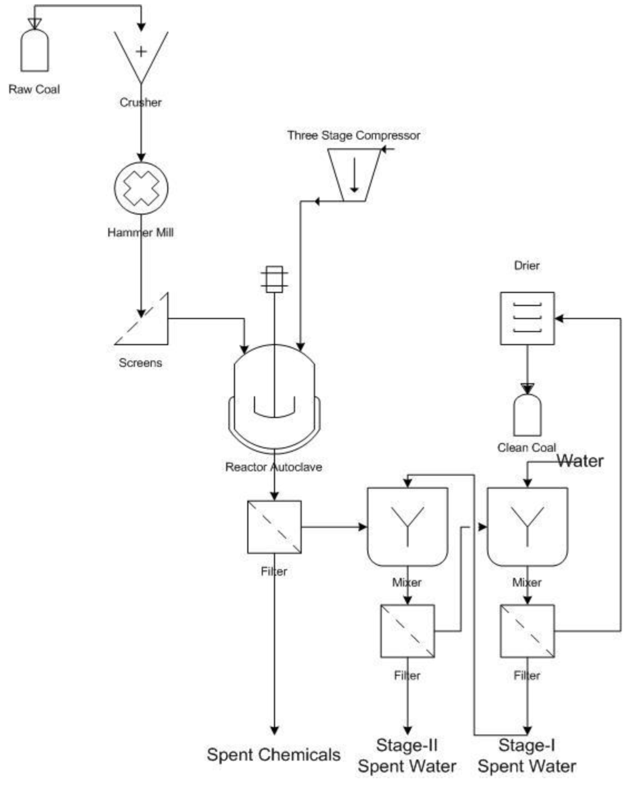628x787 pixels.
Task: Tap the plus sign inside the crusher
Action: [x=141, y=51]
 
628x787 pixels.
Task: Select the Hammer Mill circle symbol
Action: [x=141, y=188]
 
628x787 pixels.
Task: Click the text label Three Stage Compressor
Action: [x=354, y=135]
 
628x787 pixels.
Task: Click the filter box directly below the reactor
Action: [x=274, y=527]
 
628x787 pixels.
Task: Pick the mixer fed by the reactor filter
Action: [x=407, y=526]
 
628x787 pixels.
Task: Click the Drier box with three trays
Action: [x=527, y=318]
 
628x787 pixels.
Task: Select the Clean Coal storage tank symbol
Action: [x=527, y=414]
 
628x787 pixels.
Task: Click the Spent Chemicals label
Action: [x=274, y=754]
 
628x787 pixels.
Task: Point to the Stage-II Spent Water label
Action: [x=407, y=756]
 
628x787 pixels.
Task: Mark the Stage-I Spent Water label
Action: [x=527, y=756]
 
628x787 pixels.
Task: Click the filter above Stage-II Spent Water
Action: [x=407, y=631]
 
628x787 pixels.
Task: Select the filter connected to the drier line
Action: [x=527, y=631]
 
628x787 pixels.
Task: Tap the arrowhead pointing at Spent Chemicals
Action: [x=274, y=730]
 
